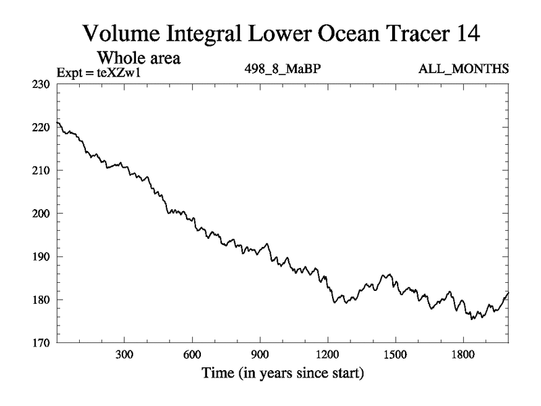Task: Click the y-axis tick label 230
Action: [41, 84]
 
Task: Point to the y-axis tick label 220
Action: [41, 127]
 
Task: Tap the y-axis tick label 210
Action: [41, 171]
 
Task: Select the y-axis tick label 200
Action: [41, 214]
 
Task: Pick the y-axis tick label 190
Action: [41, 256]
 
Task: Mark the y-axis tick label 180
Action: [41, 300]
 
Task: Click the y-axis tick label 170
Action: [41, 343]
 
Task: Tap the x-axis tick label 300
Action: [124, 355]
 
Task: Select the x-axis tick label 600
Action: [192, 355]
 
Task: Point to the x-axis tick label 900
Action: [260, 355]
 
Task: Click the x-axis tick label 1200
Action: [327, 355]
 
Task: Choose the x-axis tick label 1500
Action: [395, 355]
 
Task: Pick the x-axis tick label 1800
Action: [463, 355]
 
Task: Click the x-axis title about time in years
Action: [282, 373]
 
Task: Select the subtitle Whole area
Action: [143, 58]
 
